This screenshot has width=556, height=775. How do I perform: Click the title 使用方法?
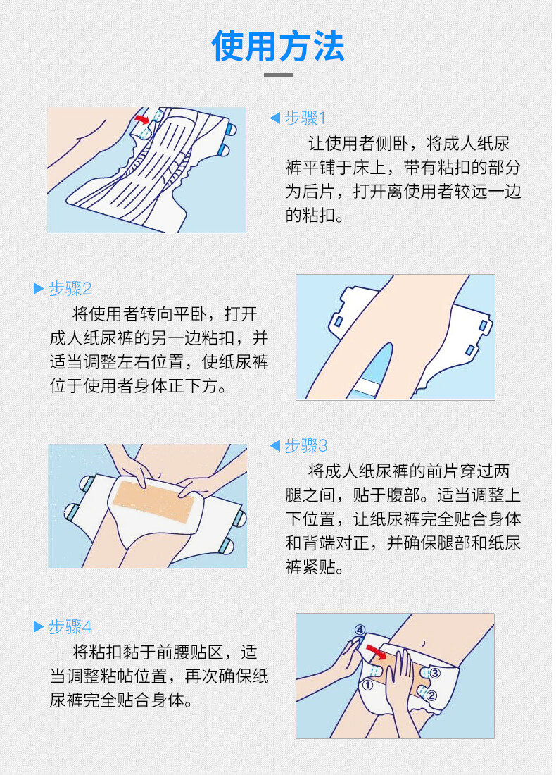[278, 46]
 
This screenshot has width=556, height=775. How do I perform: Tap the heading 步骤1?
[305, 118]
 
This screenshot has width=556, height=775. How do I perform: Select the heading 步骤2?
[70, 289]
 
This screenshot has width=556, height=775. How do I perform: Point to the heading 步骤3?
[306, 446]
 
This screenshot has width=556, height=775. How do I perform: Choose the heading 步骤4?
[70, 627]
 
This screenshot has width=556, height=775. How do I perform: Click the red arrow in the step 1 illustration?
[142, 119]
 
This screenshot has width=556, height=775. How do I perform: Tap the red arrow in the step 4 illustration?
[377, 652]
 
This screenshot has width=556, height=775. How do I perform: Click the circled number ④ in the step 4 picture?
[360, 630]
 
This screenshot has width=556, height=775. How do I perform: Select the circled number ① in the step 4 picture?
[367, 686]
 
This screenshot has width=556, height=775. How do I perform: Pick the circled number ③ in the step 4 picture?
[434, 673]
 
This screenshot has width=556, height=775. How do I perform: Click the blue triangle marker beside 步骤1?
[275, 118]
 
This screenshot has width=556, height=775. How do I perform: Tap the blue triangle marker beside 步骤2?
[39, 289]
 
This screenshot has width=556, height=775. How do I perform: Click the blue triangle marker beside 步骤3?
[275, 446]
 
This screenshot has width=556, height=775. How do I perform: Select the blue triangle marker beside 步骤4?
[39, 627]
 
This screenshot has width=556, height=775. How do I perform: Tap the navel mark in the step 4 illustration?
[424, 643]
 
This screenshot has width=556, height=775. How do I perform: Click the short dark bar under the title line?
[279, 75]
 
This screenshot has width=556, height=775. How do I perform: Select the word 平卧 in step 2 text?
[191, 314]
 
